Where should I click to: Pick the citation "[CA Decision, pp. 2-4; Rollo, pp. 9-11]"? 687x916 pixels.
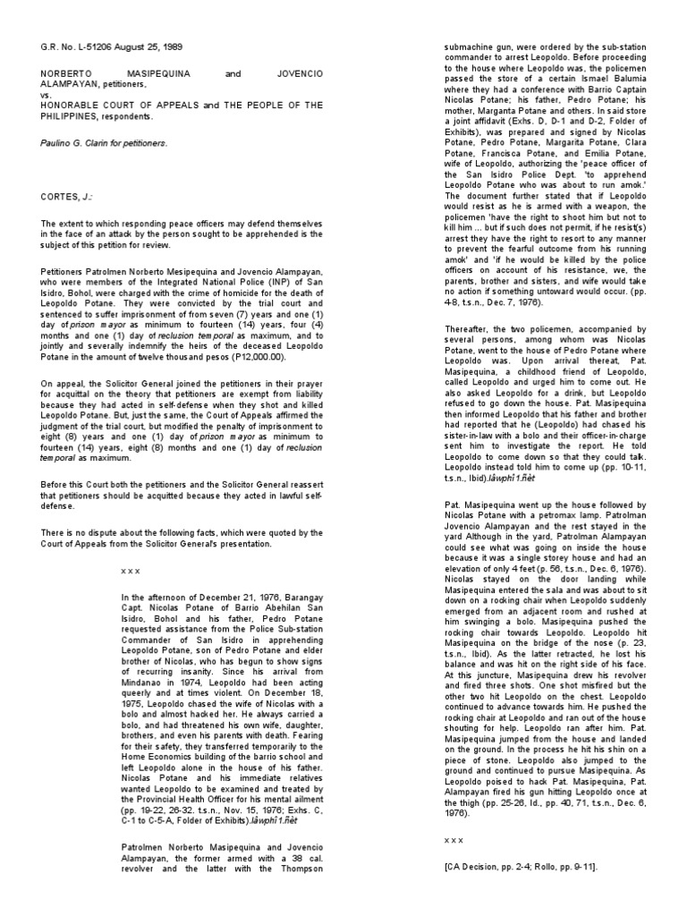tap(520, 868)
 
